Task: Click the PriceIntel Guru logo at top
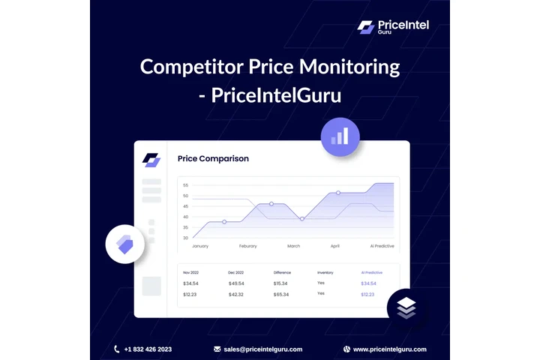click(393, 27)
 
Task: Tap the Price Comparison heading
click(213, 159)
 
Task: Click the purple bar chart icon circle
click(340, 136)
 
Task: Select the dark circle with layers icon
click(406, 307)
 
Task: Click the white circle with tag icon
click(124, 243)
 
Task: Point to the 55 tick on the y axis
click(185, 185)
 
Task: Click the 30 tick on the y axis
click(185, 238)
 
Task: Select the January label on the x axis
click(200, 246)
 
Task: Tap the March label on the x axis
click(294, 246)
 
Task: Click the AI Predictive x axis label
click(382, 246)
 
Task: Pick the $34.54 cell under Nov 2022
click(191, 283)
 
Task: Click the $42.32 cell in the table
click(236, 295)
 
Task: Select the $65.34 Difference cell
click(281, 295)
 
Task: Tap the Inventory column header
click(325, 272)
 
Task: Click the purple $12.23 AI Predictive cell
click(367, 295)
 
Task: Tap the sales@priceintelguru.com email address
click(262, 349)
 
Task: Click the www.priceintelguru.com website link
click(389, 349)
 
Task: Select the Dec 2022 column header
click(236, 272)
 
